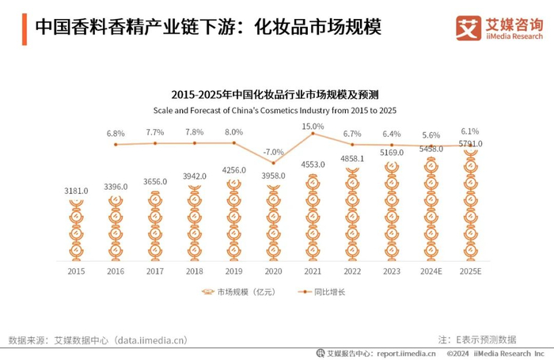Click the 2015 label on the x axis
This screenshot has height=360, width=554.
77,271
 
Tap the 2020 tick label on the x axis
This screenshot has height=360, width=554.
273,271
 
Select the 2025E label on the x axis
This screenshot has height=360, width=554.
470,271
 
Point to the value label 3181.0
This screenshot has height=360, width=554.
77,190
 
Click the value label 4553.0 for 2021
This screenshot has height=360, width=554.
313,165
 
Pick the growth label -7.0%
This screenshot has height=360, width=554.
273,151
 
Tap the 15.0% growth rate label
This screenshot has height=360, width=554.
313,126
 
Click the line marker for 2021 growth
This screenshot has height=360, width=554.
313,134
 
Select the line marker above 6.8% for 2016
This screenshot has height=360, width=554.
116,144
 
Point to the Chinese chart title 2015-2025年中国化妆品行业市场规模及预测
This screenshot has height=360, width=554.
275,93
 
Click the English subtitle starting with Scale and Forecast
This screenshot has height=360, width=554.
275,108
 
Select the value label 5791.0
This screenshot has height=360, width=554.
470,144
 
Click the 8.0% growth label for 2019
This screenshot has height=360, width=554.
234,132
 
